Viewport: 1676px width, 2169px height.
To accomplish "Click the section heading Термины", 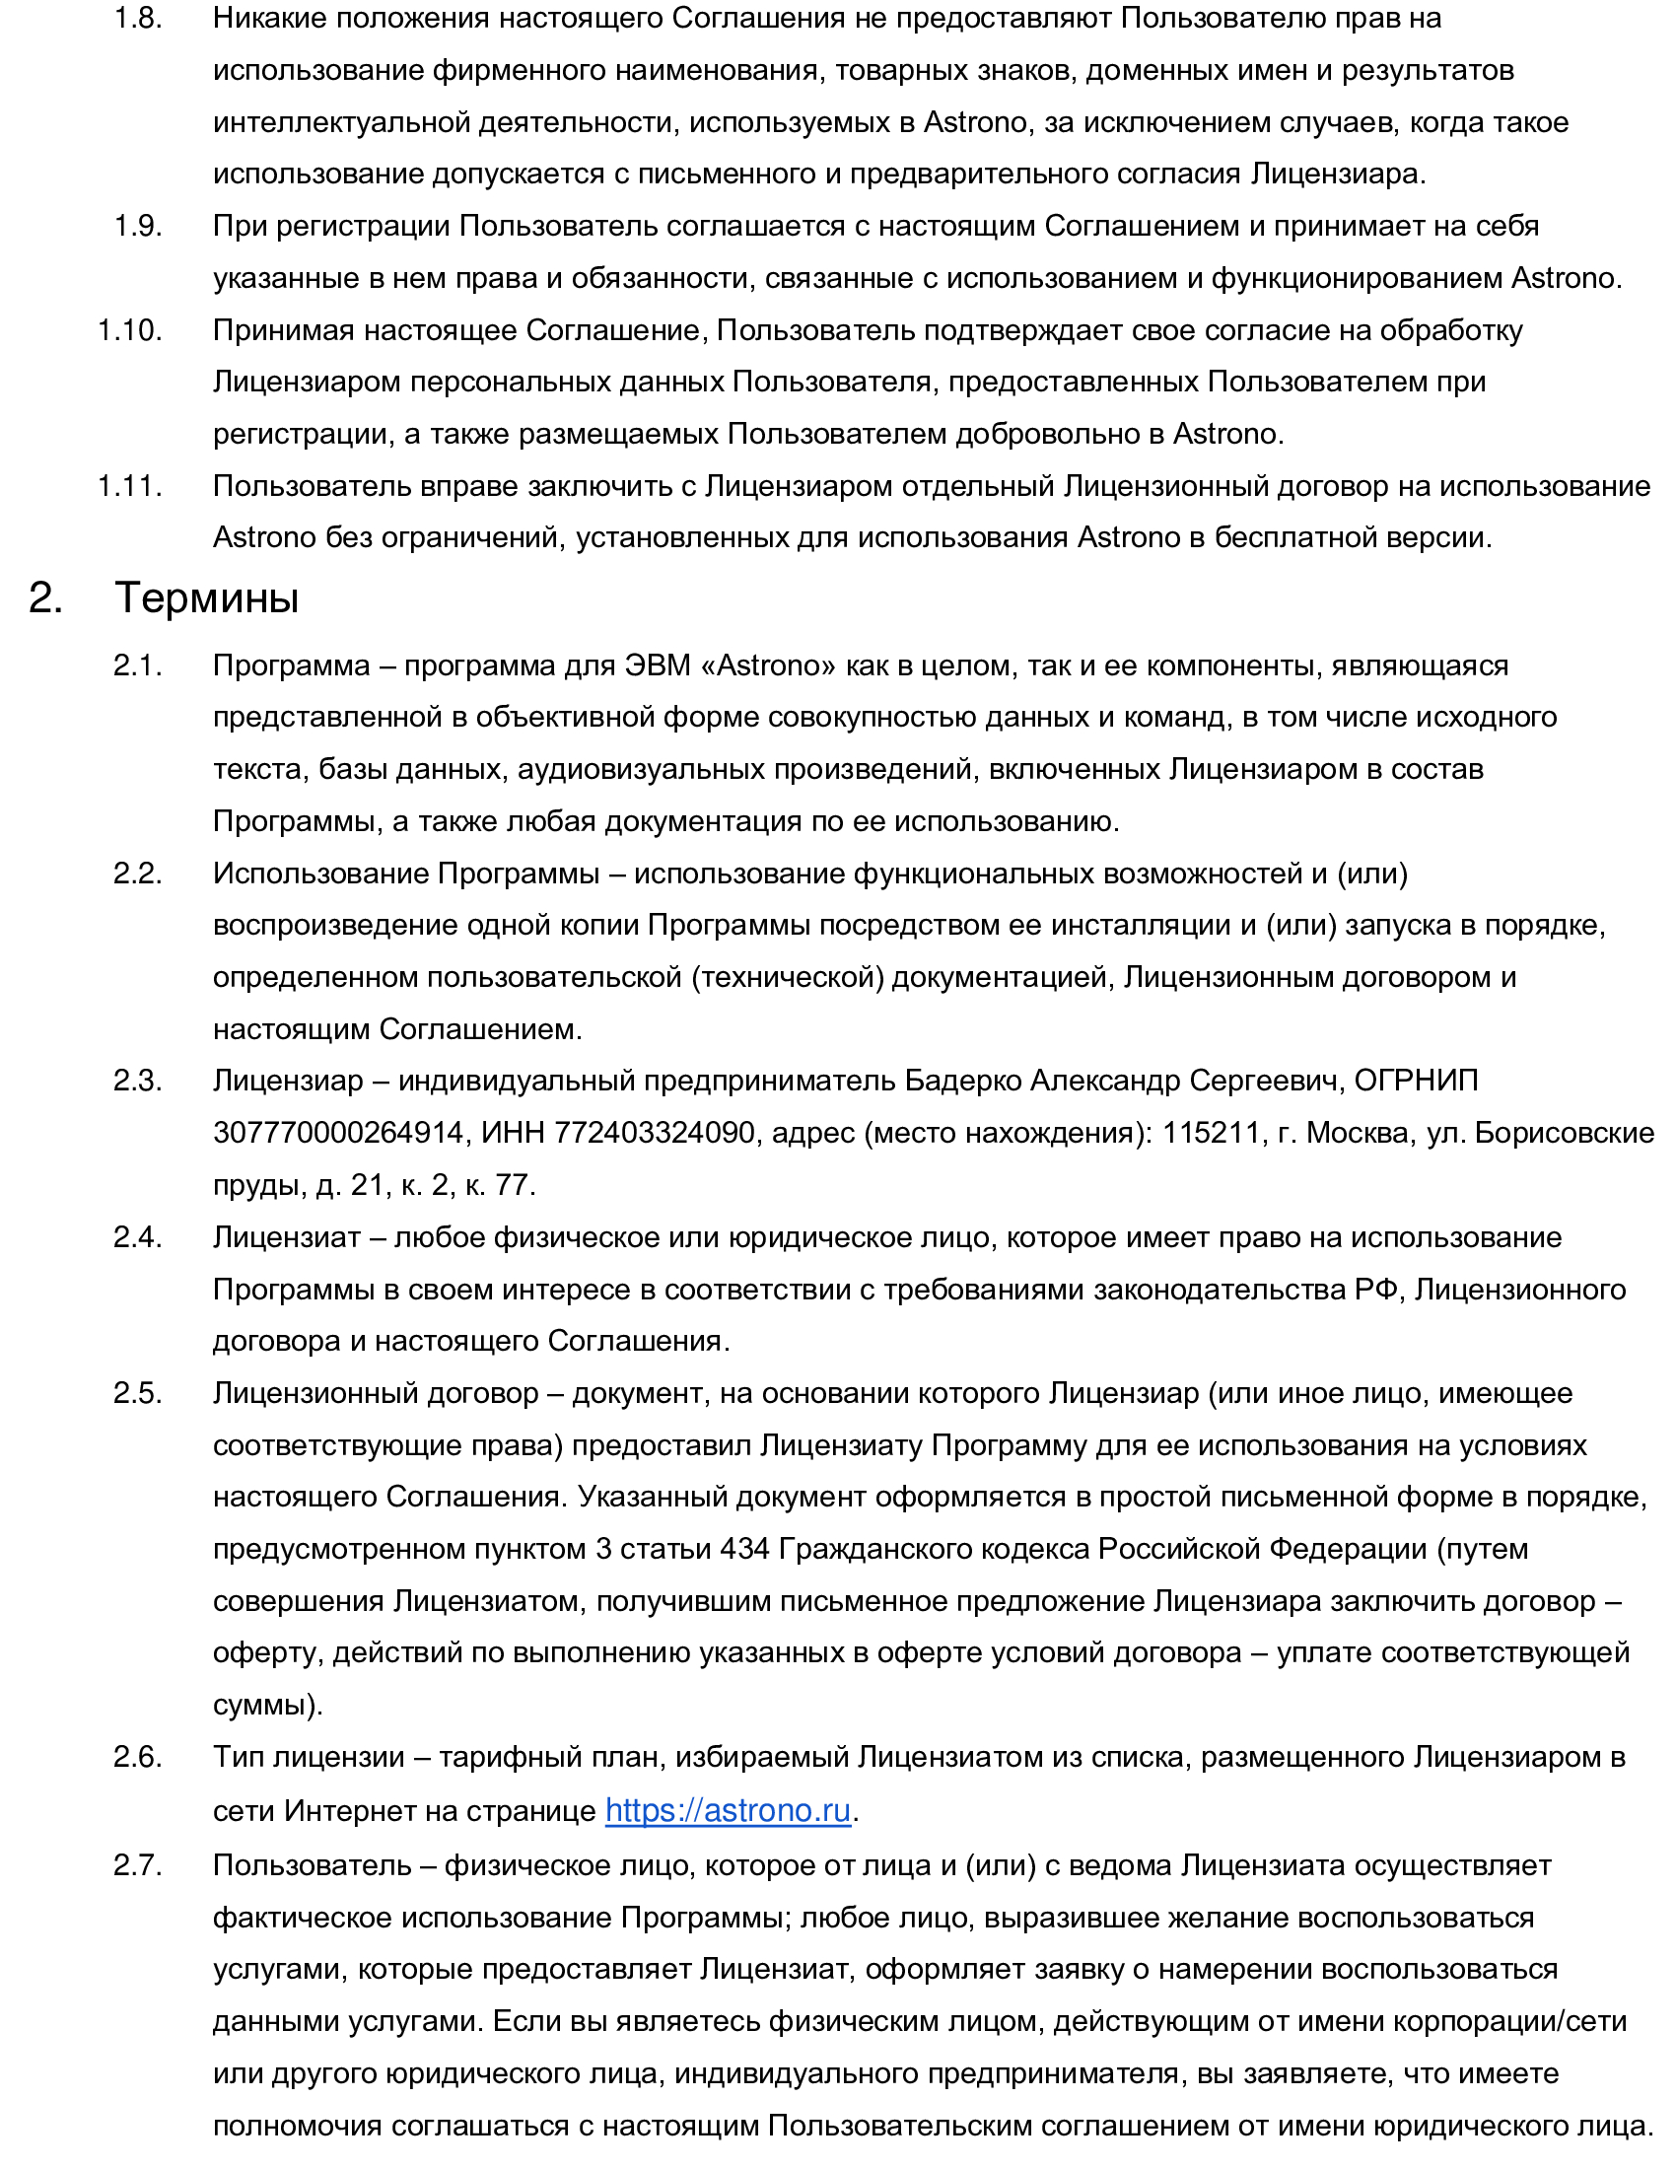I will (206, 597).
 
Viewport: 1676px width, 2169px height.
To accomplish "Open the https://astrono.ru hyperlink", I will (728, 1810).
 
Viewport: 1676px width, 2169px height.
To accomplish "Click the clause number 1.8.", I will (138, 19).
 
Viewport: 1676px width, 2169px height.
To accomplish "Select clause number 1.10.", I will (130, 329).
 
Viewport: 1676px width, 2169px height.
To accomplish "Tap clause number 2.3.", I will (138, 1081).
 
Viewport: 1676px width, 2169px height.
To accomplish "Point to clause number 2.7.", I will (138, 1865).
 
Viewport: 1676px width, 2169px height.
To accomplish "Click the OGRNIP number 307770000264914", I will (338, 1132).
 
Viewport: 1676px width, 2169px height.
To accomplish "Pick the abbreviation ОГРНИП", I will (1416, 1081).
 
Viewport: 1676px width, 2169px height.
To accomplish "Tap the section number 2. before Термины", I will (45, 597).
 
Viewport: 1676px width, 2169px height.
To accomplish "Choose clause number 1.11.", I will (130, 486).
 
